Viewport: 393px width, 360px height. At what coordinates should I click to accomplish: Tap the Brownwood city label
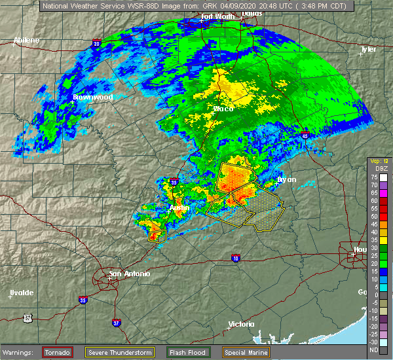93,97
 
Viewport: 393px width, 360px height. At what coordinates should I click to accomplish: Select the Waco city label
223,109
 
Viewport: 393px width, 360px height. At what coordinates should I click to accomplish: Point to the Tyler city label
369,49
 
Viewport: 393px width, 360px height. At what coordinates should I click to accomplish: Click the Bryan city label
287,179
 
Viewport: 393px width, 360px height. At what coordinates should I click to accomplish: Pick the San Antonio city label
129,274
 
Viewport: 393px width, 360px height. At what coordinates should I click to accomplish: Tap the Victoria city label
240,325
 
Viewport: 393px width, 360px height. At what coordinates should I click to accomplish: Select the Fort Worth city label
217,16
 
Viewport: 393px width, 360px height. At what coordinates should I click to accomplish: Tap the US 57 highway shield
28,318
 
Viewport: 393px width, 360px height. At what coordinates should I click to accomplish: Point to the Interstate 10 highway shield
235,259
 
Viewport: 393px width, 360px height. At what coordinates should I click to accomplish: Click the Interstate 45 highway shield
306,136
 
